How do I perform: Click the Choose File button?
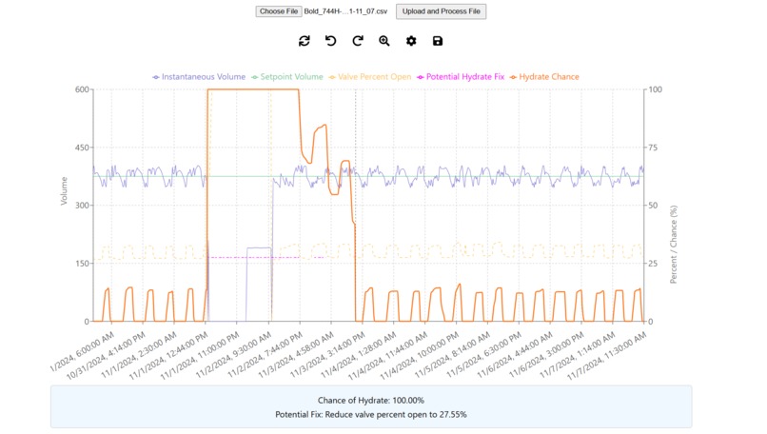click(279, 11)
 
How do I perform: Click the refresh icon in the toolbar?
click(305, 41)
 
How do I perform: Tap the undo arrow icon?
click(331, 41)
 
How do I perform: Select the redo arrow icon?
click(358, 41)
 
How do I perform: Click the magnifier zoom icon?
click(384, 41)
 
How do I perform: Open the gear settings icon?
click(411, 41)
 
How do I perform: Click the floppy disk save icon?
click(438, 41)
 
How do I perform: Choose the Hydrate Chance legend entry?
click(544, 77)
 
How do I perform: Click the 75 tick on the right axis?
click(654, 148)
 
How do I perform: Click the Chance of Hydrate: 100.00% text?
click(371, 401)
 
